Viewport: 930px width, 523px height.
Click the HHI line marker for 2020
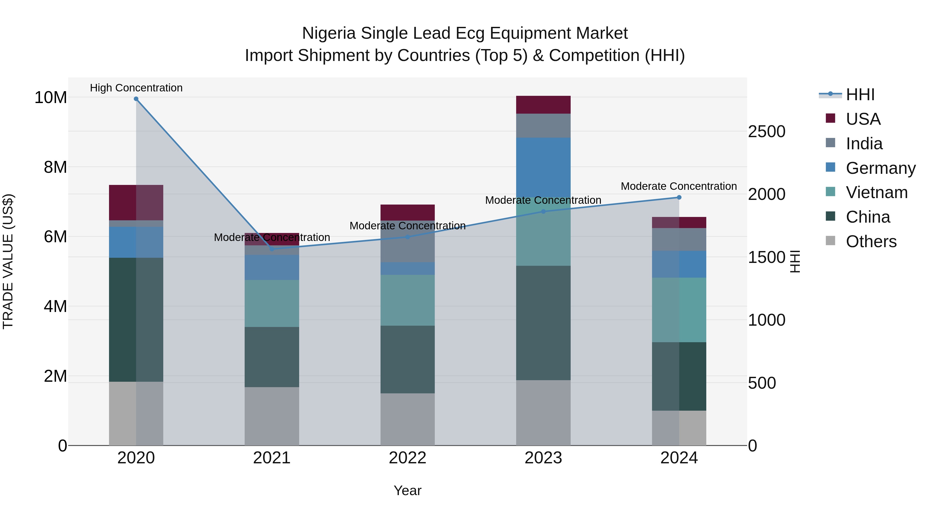tap(136, 99)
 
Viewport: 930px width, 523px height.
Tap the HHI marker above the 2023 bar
tap(543, 212)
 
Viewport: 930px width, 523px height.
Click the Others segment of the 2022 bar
tap(408, 419)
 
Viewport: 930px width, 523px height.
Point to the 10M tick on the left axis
tap(51, 97)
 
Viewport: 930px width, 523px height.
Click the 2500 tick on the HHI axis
tap(766, 132)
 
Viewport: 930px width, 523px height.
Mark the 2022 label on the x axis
tap(408, 458)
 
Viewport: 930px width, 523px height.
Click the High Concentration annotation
tap(136, 88)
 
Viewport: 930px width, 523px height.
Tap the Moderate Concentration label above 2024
tap(679, 186)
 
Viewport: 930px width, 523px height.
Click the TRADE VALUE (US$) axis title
tap(8, 261)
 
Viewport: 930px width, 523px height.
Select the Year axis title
tap(408, 490)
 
